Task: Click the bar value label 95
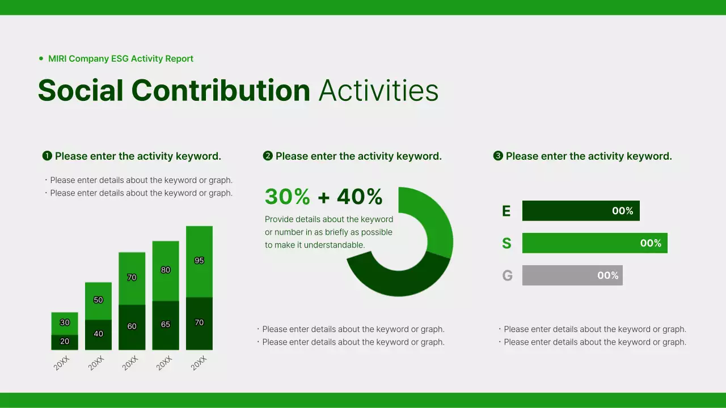click(199, 261)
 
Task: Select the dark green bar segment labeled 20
click(65, 342)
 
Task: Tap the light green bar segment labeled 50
click(98, 300)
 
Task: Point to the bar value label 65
click(166, 325)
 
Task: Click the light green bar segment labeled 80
click(166, 271)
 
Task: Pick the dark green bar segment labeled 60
click(132, 327)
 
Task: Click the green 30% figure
click(288, 197)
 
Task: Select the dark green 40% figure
click(360, 197)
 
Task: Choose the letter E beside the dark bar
click(506, 211)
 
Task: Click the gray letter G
click(507, 276)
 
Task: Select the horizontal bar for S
click(594, 243)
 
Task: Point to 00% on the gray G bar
click(607, 275)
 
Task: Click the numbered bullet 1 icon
click(48, 156)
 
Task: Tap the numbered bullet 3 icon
click(498, 156)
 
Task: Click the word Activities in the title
click(378, 91)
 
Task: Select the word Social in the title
click(81, 91)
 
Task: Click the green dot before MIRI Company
click(41, 58)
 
